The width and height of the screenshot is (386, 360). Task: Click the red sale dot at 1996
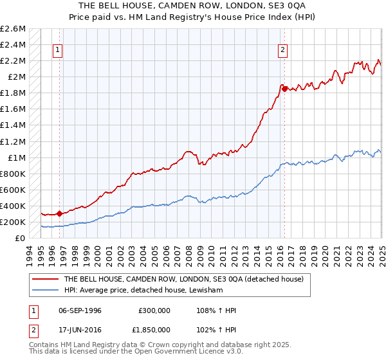click(x=60, y=213)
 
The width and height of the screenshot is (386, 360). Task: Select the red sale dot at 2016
click(x=284, y=88)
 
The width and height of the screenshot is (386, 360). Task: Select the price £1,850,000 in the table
click(x=154, y=331)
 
